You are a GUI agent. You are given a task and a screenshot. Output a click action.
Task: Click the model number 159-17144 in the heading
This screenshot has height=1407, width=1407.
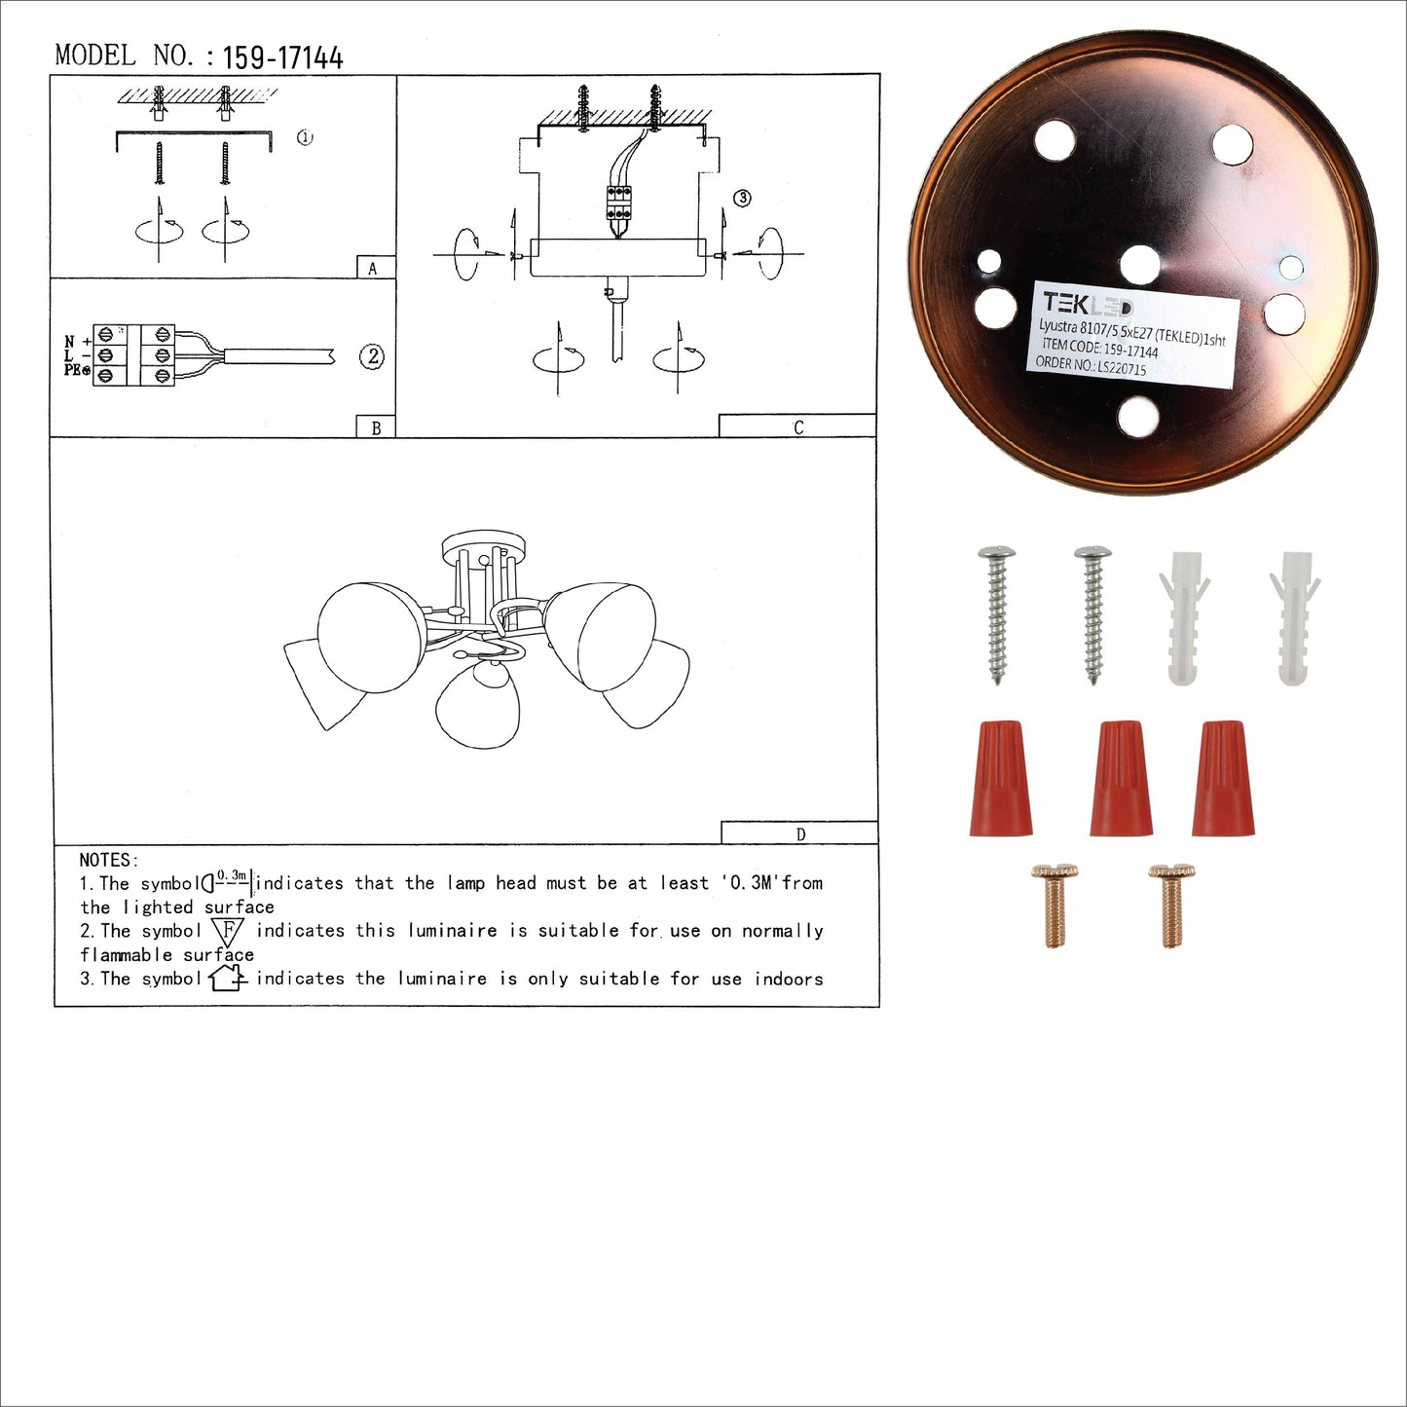[282, 57]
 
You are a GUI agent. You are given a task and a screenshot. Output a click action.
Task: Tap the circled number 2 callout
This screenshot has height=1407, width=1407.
[372, 356]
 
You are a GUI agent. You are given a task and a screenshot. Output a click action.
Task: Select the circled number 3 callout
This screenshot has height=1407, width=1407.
[742, 198]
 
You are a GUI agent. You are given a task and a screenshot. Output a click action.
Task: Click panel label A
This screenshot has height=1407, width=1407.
[372, 269]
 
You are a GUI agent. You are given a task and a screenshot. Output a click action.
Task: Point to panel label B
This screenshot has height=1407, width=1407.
[376, 427]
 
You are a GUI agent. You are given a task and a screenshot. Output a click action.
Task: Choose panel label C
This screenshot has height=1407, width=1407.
[798, 427]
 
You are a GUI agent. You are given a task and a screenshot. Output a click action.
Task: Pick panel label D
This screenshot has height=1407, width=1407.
[801, 833]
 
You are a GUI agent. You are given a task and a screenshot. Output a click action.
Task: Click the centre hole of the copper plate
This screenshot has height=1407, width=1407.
[1140, 265]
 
